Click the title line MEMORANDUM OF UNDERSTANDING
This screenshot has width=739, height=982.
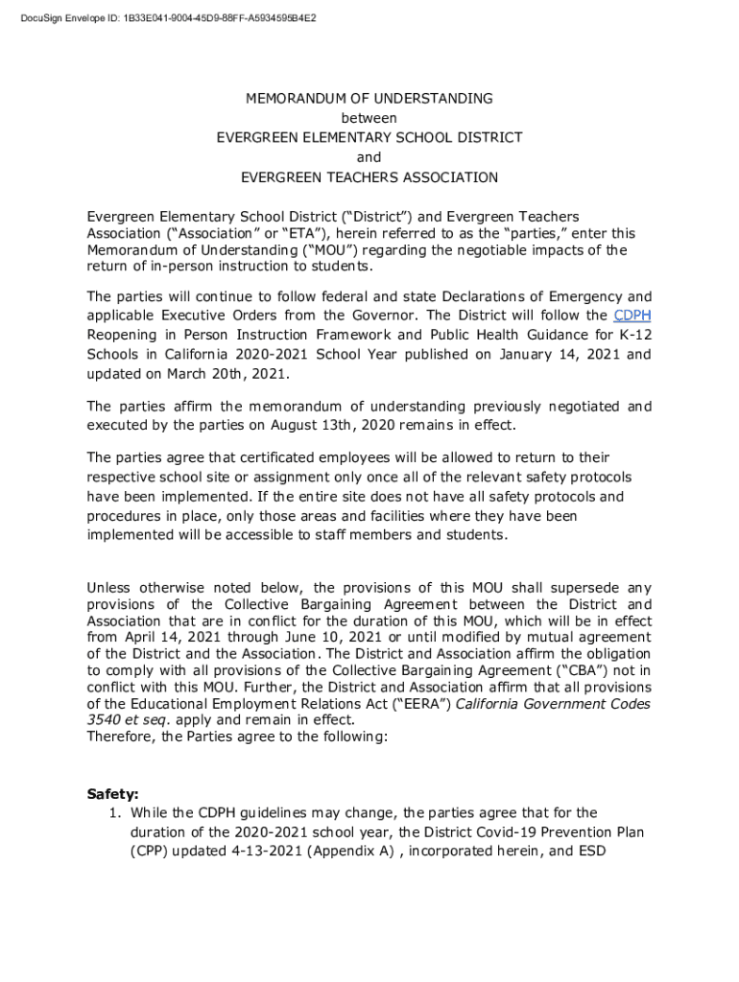tap(369, 99)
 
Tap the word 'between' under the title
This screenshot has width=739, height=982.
tap(369, 118)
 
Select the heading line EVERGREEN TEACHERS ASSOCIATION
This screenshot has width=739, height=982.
tap(369, 177)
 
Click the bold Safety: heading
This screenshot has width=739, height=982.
tap(113, 794)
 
